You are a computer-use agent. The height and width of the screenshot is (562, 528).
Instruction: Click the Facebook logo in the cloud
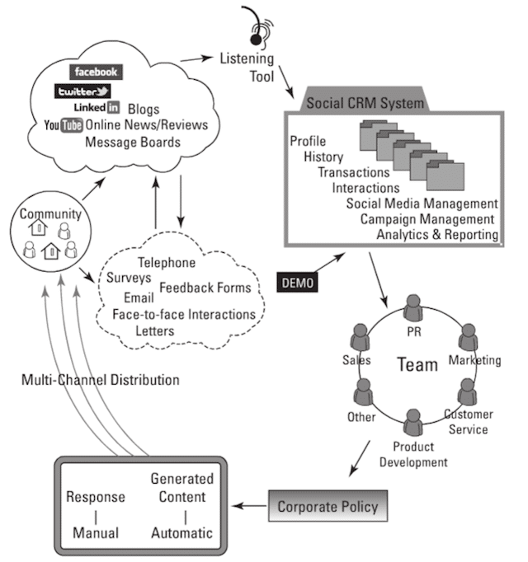tap(96, 72)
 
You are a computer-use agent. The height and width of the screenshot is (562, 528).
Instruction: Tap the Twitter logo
tap(82, 91)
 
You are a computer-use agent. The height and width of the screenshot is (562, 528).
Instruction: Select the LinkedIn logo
tap(97, 107)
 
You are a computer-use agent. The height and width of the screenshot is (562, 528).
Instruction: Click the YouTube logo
tap(64, 125)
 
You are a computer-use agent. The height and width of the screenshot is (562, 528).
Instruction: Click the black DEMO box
tap(297, 283)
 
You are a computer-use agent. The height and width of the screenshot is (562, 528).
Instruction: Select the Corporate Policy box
tap(328, 506)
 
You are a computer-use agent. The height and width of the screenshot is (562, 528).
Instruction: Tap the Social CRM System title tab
tap(365, 100)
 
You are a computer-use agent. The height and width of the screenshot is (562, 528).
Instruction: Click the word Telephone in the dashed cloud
tap(167, 263)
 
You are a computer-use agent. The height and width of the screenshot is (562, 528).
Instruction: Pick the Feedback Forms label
tap(205, 288)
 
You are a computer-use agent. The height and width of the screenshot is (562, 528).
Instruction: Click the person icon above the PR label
tap(413, 307)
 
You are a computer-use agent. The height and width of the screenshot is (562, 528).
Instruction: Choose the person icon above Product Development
tap(412, 422)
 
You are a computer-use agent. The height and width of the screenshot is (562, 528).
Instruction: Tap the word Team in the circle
tap(417, 365)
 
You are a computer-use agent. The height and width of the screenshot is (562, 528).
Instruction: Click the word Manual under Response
tap(96, 533)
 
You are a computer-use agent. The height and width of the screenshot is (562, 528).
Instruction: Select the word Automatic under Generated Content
tap(181, 533)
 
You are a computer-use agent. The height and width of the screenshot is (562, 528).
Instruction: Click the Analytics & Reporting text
tap(437, 235)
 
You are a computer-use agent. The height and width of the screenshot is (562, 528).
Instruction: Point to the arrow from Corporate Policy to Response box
tap(249, 506)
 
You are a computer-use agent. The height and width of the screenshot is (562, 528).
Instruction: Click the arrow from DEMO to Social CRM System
tap(329, 262)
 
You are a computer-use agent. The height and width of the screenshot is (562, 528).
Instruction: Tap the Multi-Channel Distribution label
tap(101, 380)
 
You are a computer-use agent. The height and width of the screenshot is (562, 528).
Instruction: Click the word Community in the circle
tap(50, 214)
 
